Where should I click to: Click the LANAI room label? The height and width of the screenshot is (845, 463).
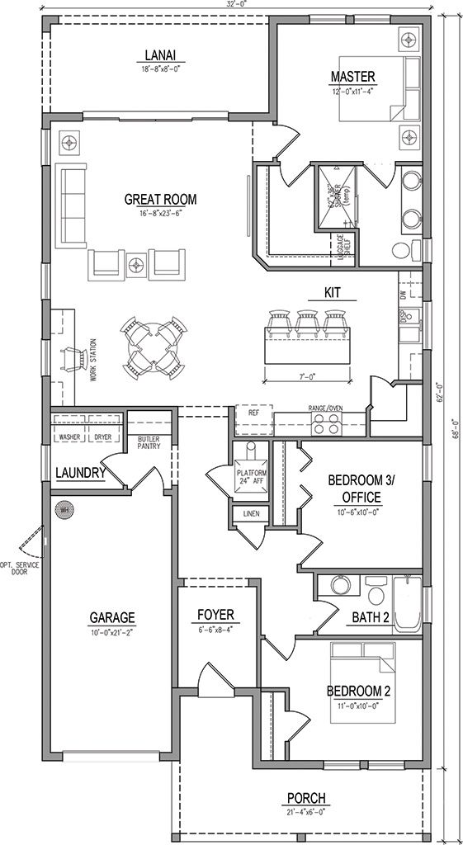160,56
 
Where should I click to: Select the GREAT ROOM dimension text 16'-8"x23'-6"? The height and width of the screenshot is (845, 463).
160,214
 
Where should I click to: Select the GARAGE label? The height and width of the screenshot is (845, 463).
113,617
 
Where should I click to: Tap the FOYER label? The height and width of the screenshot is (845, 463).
216,615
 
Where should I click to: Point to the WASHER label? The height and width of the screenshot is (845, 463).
69,437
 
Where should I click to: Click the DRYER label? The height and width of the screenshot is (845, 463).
102,437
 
